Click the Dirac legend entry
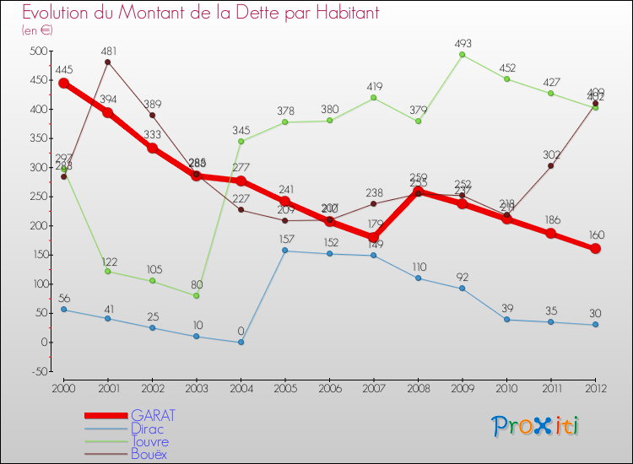click(149, 429)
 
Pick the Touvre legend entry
click(149, 441)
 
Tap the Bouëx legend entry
click(149, 454)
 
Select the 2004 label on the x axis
click(241, 388)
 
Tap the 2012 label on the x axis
click(595, 388)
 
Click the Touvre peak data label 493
click(463, 43)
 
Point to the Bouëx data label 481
click(108, 51)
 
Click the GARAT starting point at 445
click(63, 83)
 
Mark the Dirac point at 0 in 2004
click(241, 342)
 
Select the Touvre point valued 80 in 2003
click(197, 295)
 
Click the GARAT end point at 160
click(595, 249)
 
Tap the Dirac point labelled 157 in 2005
click(285, 251)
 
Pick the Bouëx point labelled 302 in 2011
click(551, 166)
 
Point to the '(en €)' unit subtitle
click(37, 30)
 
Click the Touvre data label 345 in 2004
click(241, 130)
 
